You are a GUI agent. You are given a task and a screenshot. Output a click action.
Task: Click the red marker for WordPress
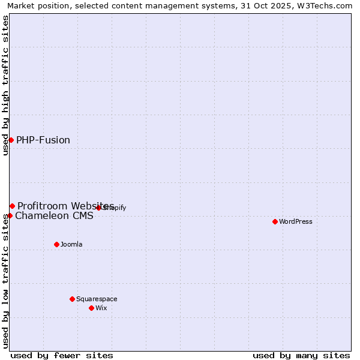click(275, 221)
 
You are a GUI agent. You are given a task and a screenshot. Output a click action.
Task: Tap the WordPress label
click(296, 221)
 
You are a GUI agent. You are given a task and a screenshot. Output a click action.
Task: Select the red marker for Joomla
click(56, 244)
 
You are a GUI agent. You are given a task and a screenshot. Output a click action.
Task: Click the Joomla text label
click(71, 244)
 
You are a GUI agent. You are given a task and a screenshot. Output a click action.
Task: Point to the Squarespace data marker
click(72, 299)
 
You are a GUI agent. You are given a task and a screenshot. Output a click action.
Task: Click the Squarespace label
click(97, 299)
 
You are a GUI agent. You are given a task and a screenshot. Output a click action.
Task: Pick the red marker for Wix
click(91, 308)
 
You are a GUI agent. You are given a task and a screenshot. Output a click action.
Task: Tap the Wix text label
click(101, 308)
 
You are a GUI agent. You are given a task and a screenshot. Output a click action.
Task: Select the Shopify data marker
click(99, 208)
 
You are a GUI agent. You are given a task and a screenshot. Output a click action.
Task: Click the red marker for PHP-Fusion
click(11, 140)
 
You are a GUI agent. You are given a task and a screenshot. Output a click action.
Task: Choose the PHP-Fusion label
click(43, 140)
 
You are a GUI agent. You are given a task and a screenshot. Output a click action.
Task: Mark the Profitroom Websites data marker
click(12, 206)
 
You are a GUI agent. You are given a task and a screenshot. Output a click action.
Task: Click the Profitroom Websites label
click(65, 206)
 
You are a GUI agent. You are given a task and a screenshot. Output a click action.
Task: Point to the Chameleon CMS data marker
click(10, 215)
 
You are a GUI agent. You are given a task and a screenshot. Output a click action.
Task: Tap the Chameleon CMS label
click(54, 216)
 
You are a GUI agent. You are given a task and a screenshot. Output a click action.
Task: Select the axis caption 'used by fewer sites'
click(62, 355)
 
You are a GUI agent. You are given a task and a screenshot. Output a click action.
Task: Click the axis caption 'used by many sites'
click(301, 355)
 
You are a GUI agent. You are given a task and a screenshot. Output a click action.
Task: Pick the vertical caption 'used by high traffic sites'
click(5, 85)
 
